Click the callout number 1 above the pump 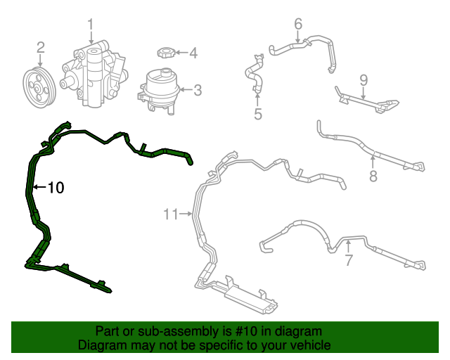[91, 25]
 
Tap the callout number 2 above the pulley [41, 48]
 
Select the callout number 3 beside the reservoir [198, 90]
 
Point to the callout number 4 [193, 53]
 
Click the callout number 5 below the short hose [258, 114]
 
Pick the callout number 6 [298, 24]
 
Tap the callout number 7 [349, 260]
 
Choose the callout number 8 [373, 176]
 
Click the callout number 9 [364, 80]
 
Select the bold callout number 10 [56, 188]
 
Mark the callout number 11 [171, 214]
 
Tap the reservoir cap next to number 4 [165, 53]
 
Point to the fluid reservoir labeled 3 [159, 91]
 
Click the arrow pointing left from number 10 [39, 187]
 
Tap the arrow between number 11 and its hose [186, 214]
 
